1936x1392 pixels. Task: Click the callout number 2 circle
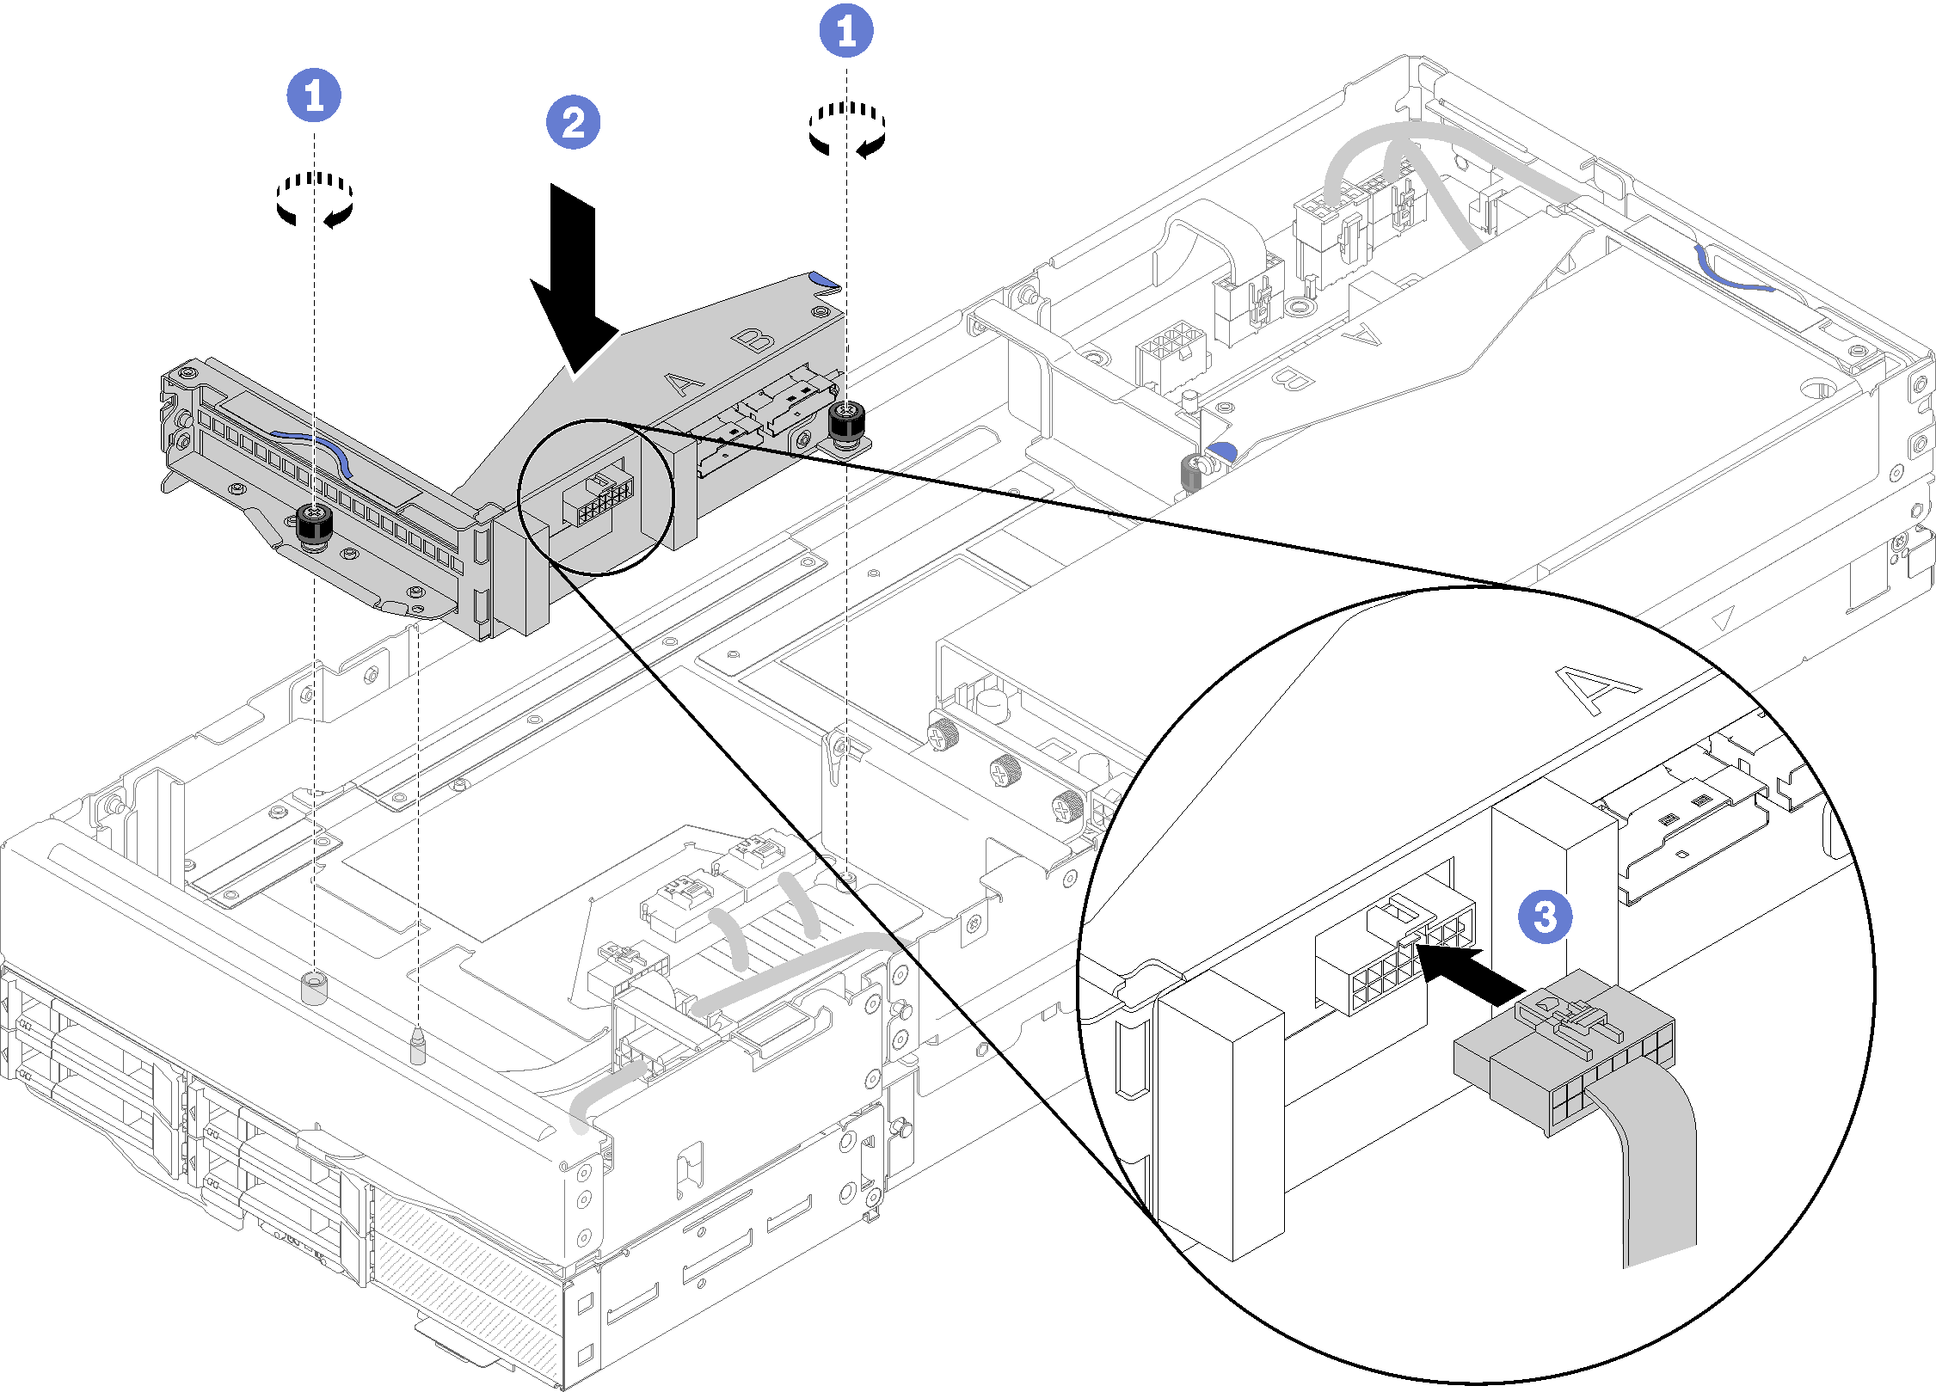click(x=573, y=123)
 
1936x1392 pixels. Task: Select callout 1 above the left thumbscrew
click(x=314, y=95)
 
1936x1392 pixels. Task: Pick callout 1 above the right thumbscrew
click(x=846, y=32)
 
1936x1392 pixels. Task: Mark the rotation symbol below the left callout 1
click(x=315, y=199)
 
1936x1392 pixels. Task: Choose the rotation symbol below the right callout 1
click(x=846, y=130)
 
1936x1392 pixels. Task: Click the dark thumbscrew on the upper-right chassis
click(x=1191, y=471)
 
